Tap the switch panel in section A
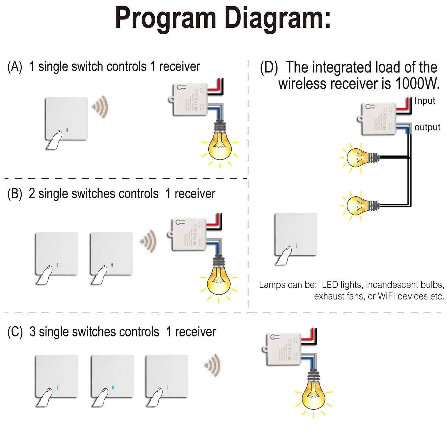(x=66, y=119)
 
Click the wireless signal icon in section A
(x=100, y=107)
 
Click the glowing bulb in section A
(x=220, y=146)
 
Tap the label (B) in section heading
(x=15, y=194)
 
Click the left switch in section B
(x=57, y=254)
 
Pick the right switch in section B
(x=111, y=254)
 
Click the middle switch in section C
(x=112, y=376)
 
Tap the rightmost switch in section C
(x=167, y=376)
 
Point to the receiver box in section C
(x=283, y=349)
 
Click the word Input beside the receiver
(x=425, y=101)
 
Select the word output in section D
(x=427, y=127)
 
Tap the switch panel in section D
(x=296, y=234)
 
